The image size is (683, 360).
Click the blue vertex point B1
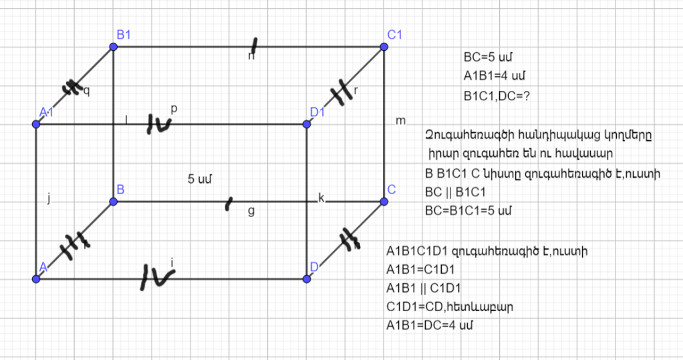click(x=113, y=47)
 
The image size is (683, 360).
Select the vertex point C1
click(x=384, y=47)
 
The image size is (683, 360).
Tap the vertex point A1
click(x=36, y=124)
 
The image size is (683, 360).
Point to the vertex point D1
click(x=307, y=124)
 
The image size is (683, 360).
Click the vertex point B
click(x=113, y=201)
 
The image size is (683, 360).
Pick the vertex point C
click(x=384, y=201)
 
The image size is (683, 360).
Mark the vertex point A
click(x=36, y=279)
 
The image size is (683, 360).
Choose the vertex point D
click(x=307, y=279)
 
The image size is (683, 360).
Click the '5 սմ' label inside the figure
click(x=200, y=179)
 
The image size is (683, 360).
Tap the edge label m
click(x=400, y=121)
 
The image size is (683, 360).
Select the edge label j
click(x=49, y=197)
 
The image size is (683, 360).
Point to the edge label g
click(x=251, y=210)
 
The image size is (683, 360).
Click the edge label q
click(x=86, y=90)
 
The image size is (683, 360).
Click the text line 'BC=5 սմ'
click(x=488, y=57)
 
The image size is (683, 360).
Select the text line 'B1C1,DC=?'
click(x=497, y=95)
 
